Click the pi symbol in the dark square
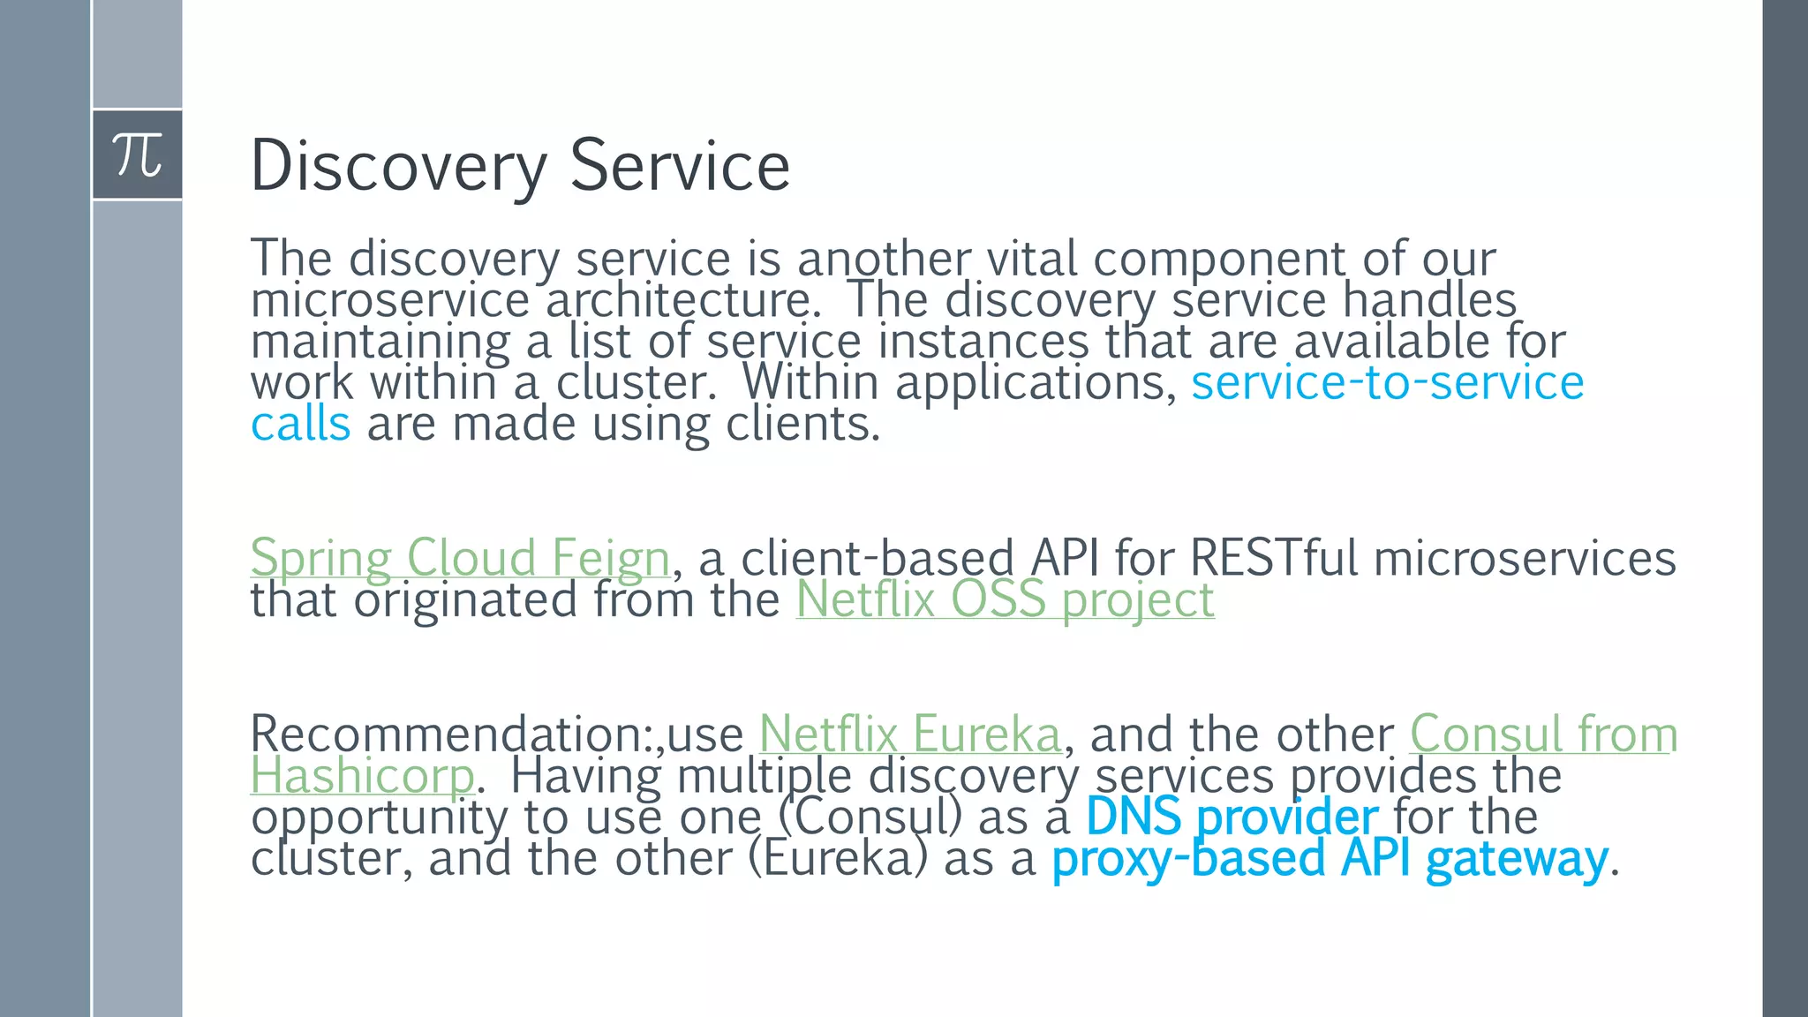click(x=138, y=155)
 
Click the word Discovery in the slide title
click(x=398, y=166)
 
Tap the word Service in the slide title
click(x=680, y=166)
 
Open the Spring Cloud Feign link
click(x=460, y=559)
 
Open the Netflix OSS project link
click(x=1005, y=600)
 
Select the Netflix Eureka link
click(x=909, y=734)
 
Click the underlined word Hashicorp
click(x=363, y=777)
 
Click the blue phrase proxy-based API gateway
click(x=1330, y=859)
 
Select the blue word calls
click(x=300, y=425)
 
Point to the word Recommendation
click(x=450, y=734)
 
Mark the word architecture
click(x=678, y=301)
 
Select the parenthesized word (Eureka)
click(x=838, y=859)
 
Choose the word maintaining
click(x=380, y=342)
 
